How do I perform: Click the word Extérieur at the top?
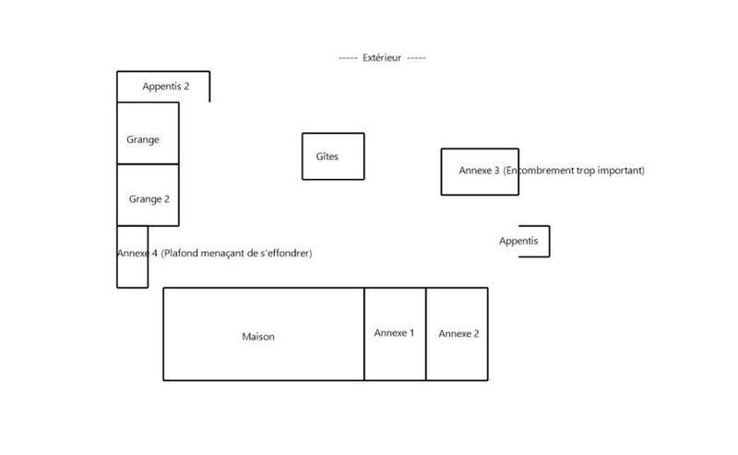[382, 57]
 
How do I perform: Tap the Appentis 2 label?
[166, 86]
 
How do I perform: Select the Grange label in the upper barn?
[143, 139]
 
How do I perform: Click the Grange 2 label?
[149, 198]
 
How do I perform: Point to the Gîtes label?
[327, 156]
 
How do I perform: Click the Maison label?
[258, 337]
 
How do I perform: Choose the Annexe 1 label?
[394, 332]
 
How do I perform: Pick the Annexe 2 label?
[458, 333]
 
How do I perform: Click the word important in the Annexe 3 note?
[621, 171]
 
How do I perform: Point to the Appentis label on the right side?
[518, 241]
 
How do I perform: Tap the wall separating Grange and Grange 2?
[148, 164]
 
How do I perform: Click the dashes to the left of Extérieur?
[348, 57]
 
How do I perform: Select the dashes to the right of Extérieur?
[416, 57]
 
